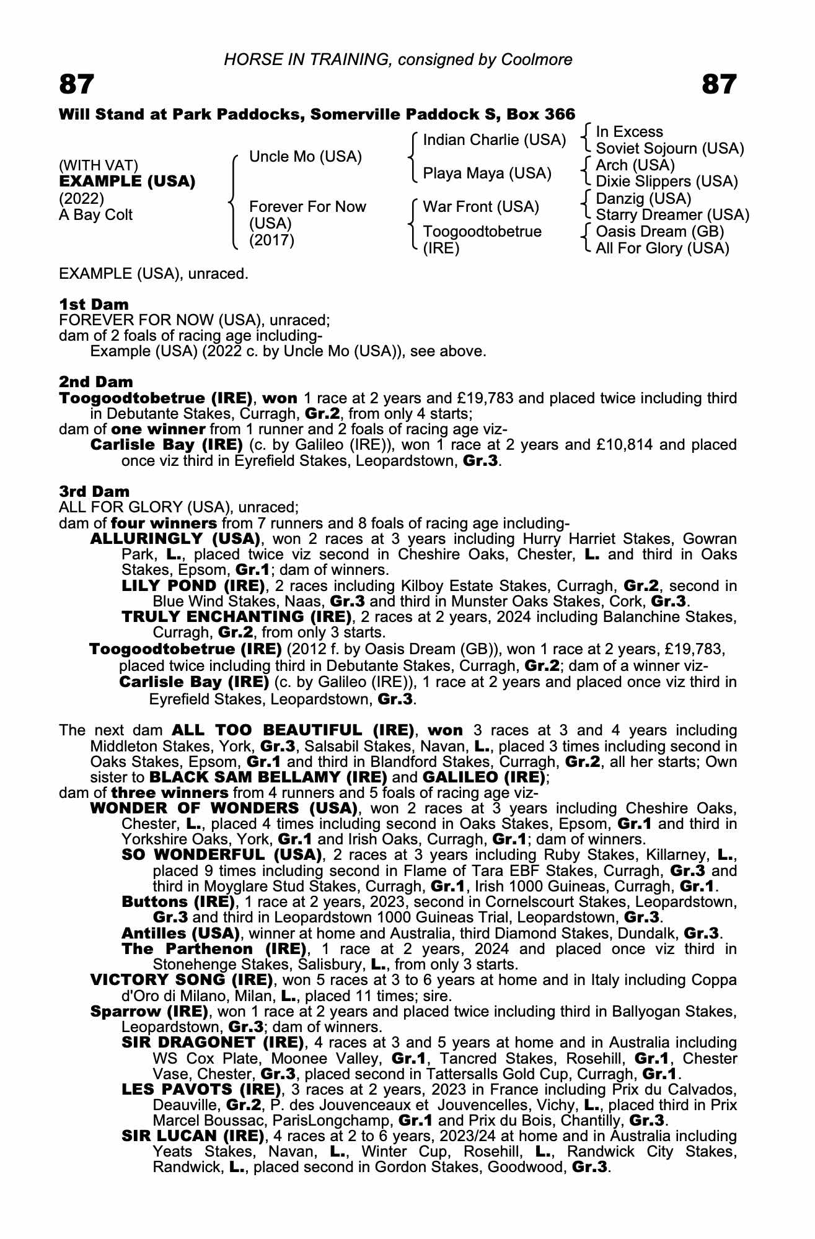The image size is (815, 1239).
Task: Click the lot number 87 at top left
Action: [x=77, y=84]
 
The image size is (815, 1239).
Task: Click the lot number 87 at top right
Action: [x=719, y=84]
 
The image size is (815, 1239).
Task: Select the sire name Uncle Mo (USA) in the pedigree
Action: [x=305, y=157]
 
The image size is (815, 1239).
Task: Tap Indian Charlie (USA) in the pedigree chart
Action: [x=494, y=140]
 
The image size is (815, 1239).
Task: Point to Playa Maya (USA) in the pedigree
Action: [x=487, y=173]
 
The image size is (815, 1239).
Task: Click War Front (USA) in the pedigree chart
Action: [x=481, y=206]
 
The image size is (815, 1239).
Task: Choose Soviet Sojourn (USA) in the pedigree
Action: [x=669, y=149]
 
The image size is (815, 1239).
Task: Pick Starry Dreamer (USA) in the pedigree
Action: [x=672, y=215]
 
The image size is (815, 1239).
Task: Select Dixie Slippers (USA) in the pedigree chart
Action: [x=666, y=182]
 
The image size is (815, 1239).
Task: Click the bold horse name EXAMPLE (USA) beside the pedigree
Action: [x=127, y=182]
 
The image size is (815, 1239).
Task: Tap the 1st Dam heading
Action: [x=94, y=304]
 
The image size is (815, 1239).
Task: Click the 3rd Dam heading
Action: [x=94, y=491]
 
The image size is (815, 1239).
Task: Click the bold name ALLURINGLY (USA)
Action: [x=175, y=538]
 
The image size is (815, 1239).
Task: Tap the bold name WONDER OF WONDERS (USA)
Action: [x=224, y=808]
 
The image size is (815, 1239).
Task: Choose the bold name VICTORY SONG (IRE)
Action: [x=182, y=980]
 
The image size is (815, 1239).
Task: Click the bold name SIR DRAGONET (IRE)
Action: [x=213, y=1043]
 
